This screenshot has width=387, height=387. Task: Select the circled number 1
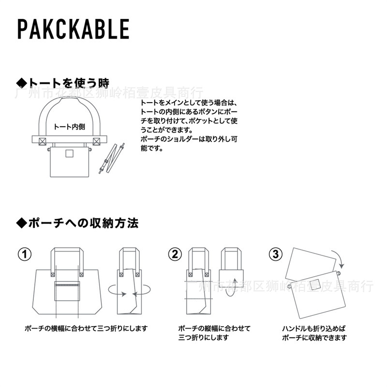click(25, 254)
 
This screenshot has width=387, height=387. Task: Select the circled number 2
click(175, 254)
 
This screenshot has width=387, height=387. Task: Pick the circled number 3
click(275, 254)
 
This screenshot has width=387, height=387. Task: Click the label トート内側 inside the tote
click(69, 127)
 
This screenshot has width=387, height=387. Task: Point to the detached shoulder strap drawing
click(111, 158)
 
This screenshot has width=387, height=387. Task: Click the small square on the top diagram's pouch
click(69, 154)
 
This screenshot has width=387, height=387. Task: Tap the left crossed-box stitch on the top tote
click(42, 141)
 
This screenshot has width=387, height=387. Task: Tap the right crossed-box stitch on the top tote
click(96, 141)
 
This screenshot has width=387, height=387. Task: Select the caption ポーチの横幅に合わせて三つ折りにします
click(86, 328)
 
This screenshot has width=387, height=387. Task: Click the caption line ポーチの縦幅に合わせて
click(214, 328)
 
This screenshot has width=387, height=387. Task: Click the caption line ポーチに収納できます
click(314, 338)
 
